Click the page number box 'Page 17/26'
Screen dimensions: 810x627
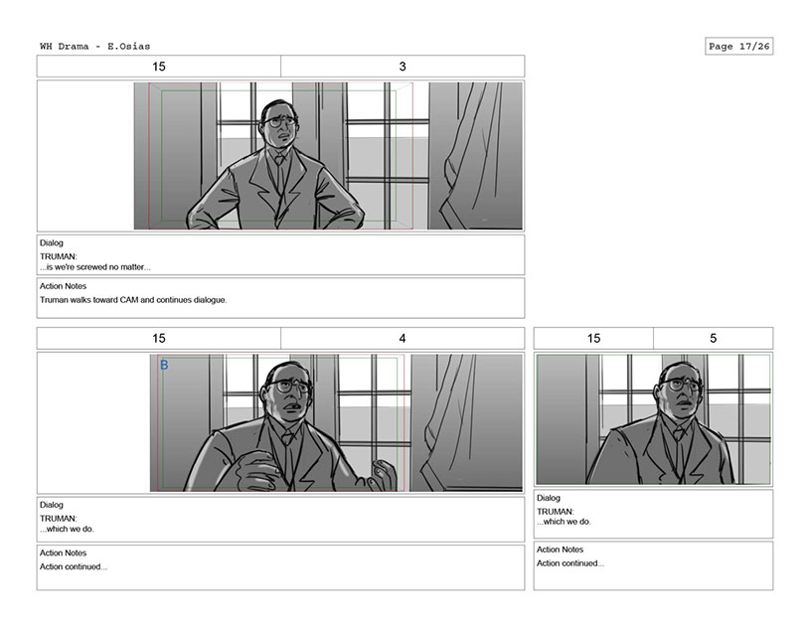738,46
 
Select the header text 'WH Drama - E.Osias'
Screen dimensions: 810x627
95,46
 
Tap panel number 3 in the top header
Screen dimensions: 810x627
403,67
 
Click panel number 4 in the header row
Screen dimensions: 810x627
403,338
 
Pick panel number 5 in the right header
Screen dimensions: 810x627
713,338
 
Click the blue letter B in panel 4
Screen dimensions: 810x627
164,365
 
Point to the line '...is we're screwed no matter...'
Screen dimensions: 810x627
95,267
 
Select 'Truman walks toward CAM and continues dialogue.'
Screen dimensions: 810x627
133,299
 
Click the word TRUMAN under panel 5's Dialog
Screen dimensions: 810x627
555,512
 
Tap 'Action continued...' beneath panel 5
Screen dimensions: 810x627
569,563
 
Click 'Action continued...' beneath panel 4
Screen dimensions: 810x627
74,566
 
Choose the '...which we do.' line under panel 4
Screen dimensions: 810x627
68,529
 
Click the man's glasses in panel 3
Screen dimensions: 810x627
281,122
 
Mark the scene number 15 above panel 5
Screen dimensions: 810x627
593,338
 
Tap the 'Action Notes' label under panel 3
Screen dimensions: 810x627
63,286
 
